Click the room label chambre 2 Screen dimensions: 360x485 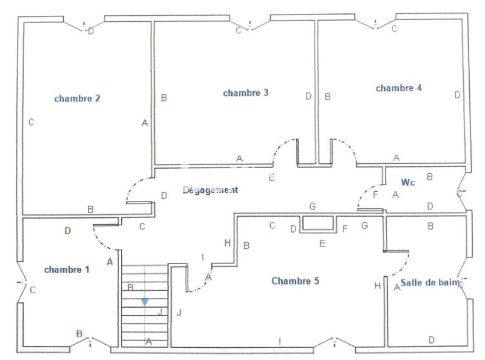77,98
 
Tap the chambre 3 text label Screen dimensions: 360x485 246,93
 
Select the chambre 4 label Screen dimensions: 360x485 399,88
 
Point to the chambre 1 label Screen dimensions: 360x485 66,270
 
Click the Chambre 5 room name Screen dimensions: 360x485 295,281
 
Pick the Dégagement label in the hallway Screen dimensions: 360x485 211,190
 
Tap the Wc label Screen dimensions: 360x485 407,182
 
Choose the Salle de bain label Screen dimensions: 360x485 427,284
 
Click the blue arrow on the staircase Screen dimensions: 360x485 144,301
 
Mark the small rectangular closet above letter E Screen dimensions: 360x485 319,223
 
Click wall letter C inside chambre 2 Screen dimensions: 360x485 31,123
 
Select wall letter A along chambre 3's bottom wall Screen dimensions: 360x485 239,158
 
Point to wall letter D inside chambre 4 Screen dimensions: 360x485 457,95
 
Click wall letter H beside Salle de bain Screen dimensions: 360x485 378,286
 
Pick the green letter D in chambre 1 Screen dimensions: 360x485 67,231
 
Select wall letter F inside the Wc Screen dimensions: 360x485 375,194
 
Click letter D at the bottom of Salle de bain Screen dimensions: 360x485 431,340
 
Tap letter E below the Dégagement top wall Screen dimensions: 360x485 271,177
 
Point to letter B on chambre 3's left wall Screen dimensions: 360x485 163,97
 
